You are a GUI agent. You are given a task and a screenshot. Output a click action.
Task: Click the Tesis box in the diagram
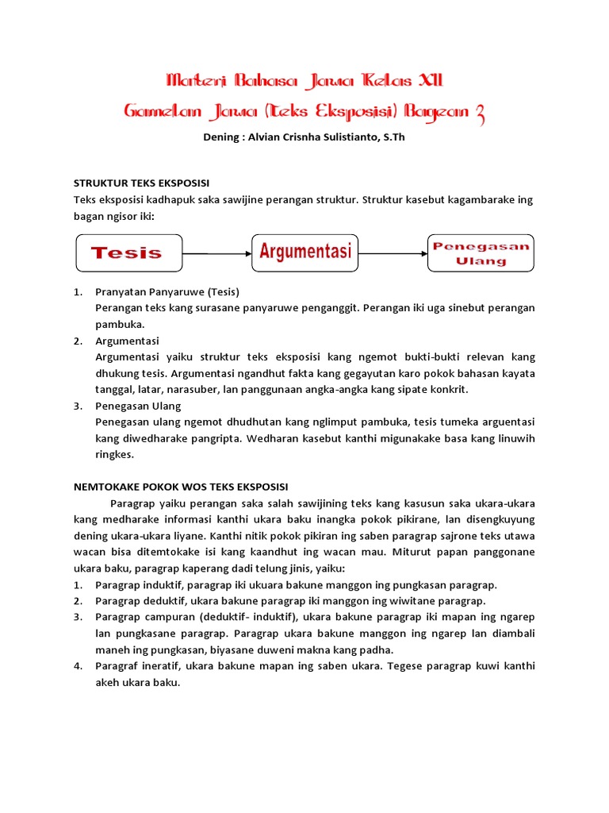[128, 253]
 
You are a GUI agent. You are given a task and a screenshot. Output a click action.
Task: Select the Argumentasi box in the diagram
[305, 253]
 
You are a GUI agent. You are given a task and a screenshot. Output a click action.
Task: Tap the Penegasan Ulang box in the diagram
[481, 253]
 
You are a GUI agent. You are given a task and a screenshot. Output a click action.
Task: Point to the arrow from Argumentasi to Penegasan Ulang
[393, 254]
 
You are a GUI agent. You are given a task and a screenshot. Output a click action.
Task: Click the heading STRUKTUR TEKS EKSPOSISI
[141, 183]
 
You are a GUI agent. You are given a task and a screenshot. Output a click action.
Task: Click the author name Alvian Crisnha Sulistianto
[312, 137]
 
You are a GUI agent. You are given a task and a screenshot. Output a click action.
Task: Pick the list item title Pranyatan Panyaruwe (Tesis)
[167, 291]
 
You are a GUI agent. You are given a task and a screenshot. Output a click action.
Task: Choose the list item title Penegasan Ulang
[138, 406]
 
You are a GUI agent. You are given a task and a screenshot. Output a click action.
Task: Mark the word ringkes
[115, 455]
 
